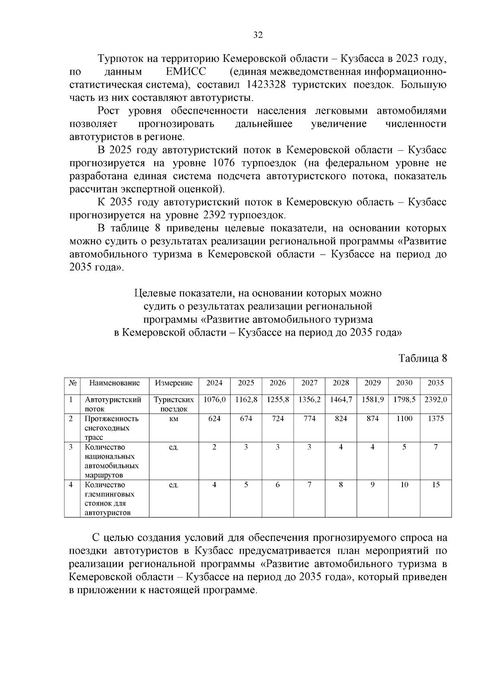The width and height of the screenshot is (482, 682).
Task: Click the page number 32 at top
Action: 257,35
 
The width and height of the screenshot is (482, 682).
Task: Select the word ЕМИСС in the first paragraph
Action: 186,72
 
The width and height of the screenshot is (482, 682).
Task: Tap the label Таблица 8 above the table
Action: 422,358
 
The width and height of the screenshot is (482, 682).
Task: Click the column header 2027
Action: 309,383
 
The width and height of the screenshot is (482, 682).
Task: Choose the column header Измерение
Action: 174,383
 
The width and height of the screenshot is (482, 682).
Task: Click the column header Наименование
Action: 114,383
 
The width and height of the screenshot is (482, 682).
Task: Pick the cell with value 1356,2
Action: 309,400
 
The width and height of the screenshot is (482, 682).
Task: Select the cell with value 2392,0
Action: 436,400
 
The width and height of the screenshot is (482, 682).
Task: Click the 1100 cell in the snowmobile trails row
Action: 404,419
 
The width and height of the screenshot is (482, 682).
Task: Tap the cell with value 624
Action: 214,419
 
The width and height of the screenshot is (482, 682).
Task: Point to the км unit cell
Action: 174,419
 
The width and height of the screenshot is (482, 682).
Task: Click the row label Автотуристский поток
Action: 113,404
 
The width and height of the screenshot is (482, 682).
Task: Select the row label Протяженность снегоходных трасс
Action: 111,428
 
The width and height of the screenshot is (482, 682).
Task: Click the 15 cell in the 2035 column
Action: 436,485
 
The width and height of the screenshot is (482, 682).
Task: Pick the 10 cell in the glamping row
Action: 404,485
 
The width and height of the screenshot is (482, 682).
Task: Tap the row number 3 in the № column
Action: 71,447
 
